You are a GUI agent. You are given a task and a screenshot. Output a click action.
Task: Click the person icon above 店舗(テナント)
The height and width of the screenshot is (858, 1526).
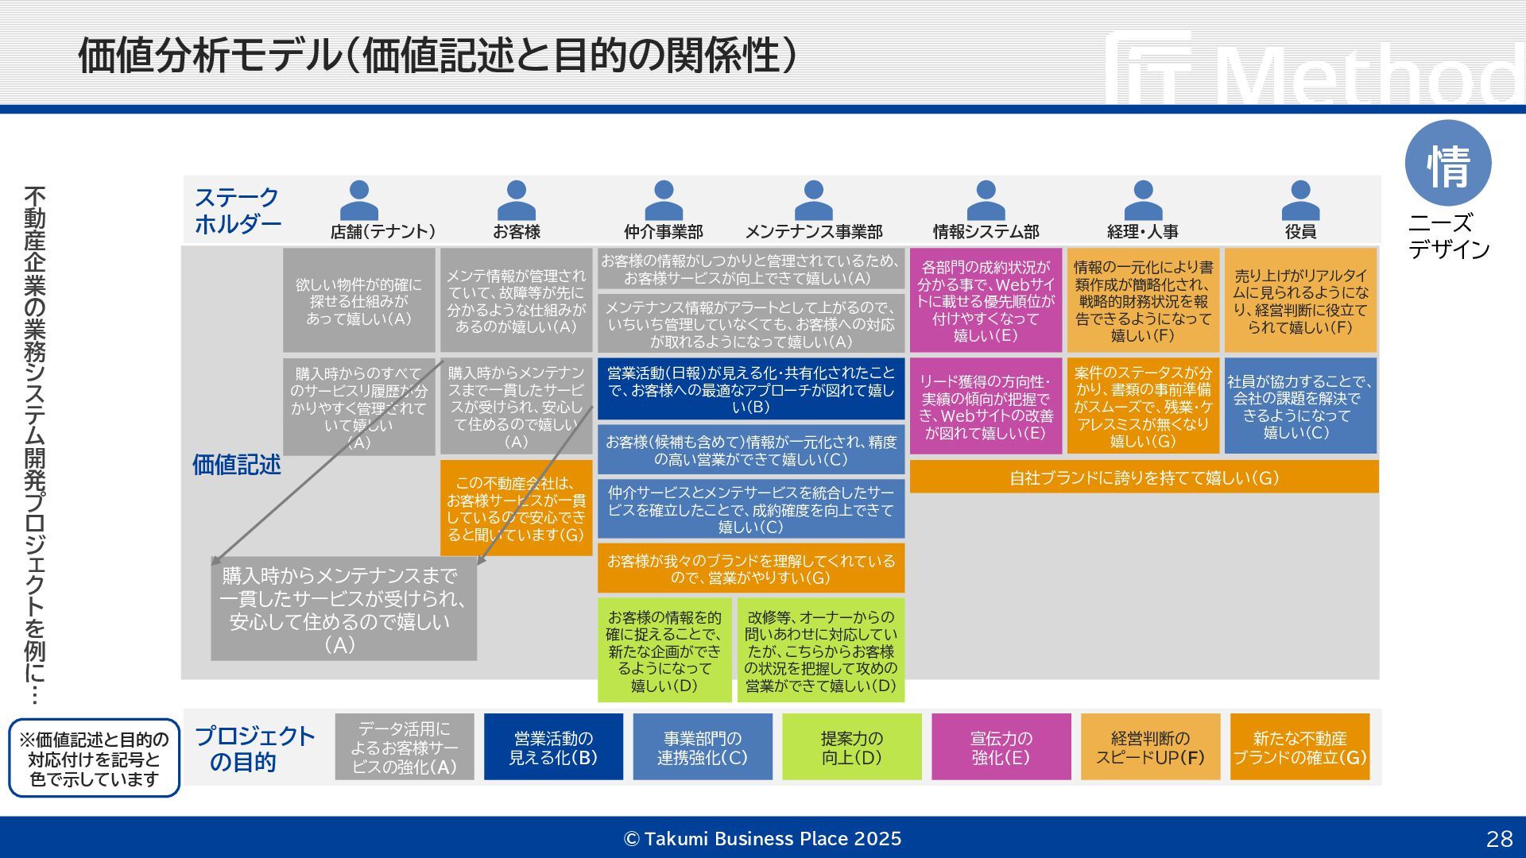pos(359,200)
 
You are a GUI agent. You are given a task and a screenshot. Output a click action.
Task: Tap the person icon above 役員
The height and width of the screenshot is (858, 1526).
pos(1300,200)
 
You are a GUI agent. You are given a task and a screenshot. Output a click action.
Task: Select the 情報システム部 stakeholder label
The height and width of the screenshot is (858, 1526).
pos(986,232)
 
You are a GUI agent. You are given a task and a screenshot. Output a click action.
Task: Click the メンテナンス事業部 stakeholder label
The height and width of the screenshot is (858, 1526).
pos(813,232)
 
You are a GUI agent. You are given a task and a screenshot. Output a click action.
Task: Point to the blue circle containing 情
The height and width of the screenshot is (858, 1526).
pos(1448,164)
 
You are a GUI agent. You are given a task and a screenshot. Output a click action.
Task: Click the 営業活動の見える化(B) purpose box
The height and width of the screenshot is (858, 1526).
pos(553,748)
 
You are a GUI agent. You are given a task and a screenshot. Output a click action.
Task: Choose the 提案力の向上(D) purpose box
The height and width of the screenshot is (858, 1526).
pos(851,748)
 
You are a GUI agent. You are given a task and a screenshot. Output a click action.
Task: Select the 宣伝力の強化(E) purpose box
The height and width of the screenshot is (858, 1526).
pos(1001,748)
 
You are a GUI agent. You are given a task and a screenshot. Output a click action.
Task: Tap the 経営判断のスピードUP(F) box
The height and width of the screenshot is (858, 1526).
pos(1150,748)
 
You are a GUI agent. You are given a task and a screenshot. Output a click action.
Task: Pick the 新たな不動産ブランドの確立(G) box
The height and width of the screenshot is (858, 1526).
pos(1299,748)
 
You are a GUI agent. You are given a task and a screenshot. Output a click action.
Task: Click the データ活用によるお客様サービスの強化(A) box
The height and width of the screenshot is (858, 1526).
pos(405,748)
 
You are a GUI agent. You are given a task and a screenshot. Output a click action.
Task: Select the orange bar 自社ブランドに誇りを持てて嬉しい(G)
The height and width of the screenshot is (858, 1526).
pos(1144,477)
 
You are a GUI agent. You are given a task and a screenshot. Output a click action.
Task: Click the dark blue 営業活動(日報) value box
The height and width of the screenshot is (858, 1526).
pos(751,389)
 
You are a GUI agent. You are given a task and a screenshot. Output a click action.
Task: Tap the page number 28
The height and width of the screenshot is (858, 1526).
pos(1499,839)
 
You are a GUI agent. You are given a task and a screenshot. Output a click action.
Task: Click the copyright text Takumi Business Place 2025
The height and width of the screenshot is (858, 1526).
pos(763,839)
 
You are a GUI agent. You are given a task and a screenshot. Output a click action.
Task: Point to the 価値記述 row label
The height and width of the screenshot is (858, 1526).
pos(236,465)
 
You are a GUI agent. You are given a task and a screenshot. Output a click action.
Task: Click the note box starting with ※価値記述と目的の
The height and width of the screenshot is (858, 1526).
pos(94,759)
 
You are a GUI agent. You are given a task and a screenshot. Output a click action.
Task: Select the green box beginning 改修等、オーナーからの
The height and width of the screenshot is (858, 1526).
pos(820,651)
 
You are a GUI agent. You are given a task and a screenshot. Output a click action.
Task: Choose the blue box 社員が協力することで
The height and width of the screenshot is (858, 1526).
pos(1301,407)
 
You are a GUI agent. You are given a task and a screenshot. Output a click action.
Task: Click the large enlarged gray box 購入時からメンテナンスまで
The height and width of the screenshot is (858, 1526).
pos(343,609)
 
